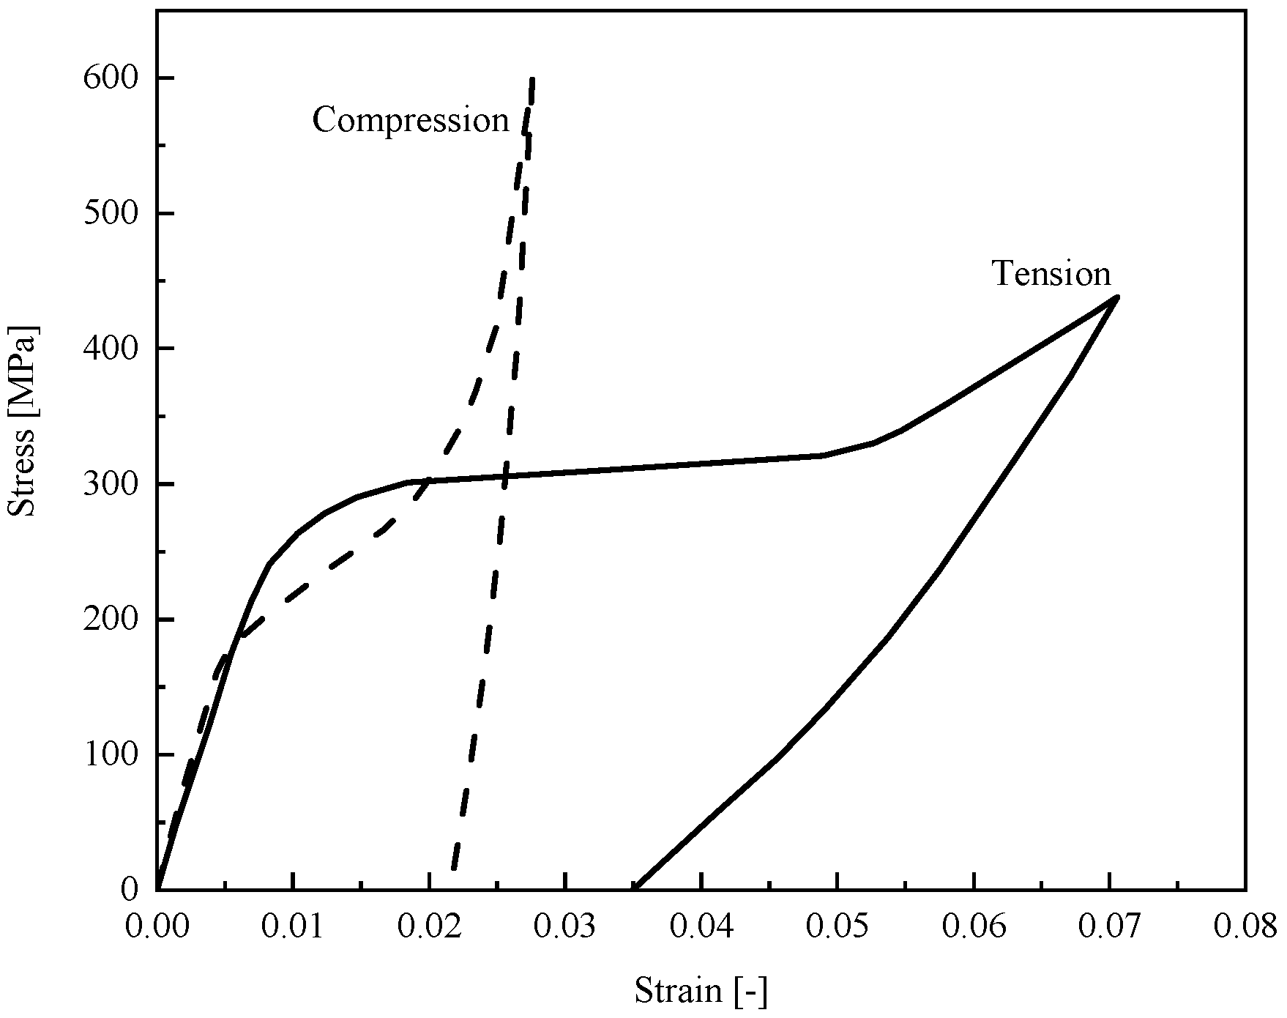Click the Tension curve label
pos(1051,274)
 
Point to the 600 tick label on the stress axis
pos(111,78)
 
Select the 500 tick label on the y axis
pos(111,214)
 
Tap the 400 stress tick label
pos(111,349)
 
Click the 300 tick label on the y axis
pos(111,484)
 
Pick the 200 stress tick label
pos(111,620)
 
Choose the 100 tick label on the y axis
pos(111,754)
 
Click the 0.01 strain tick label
pos(293,926)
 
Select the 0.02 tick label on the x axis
pos(429,926)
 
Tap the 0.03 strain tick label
pos(565,926)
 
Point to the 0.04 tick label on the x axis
pos(701,926)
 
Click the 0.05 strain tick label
pos(838,926)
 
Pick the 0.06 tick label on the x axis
pos(974,926)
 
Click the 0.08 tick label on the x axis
pos(1245,926)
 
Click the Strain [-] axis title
pos(701,992)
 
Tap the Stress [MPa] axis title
pos(22,421)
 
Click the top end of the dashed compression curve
pos(532,78)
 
